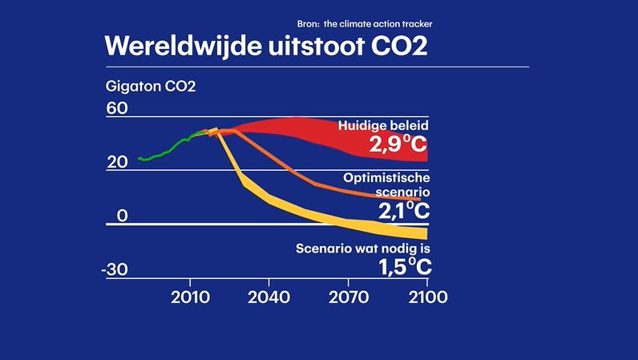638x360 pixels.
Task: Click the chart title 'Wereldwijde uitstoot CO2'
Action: pos(265,47)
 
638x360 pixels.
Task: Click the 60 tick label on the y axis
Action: pos(117,109)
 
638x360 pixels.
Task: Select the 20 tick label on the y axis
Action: pos(117,162)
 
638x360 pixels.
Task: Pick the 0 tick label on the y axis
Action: pos(123,216)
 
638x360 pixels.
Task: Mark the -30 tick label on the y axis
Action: pos(115,269)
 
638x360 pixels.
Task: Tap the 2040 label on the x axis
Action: pos(269,296)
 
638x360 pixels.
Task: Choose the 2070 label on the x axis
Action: pos(348,296)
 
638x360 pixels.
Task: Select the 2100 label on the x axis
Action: pos(426,296)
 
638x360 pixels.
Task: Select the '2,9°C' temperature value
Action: pos(399,144)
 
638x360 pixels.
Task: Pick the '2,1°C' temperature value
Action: pos(403,211)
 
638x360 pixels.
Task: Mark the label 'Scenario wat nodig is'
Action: pos(362,249)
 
